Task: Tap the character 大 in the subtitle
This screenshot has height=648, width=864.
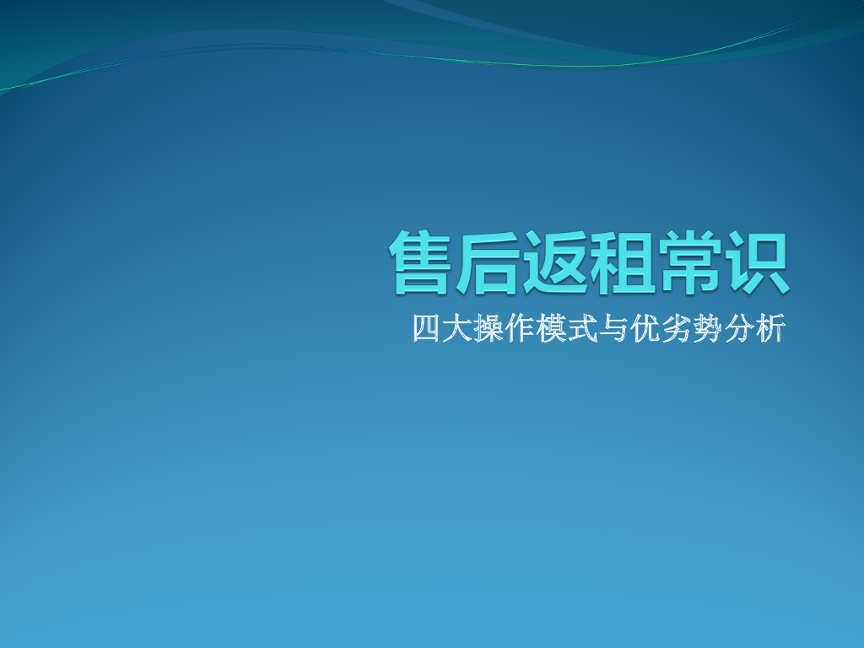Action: [457, 328]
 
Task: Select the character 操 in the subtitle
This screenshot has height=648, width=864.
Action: [489, 328]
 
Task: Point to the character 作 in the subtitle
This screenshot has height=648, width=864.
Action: [520, 328]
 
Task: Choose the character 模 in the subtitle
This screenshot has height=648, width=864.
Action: [551, 328]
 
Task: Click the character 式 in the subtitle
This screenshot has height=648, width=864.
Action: [582, 328]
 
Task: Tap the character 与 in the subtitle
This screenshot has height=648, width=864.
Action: [613, 328]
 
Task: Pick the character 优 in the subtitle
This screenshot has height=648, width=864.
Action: [645, 328]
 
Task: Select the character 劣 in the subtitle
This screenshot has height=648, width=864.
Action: [676, 328]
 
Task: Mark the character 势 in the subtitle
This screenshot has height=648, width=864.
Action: [707, 328]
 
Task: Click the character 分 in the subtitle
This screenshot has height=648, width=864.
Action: [738, 328]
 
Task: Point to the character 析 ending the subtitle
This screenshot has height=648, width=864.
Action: [769, 328]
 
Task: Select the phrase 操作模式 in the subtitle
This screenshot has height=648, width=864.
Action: [535, 328]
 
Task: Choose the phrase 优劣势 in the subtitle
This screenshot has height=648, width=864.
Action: [676, 328]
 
